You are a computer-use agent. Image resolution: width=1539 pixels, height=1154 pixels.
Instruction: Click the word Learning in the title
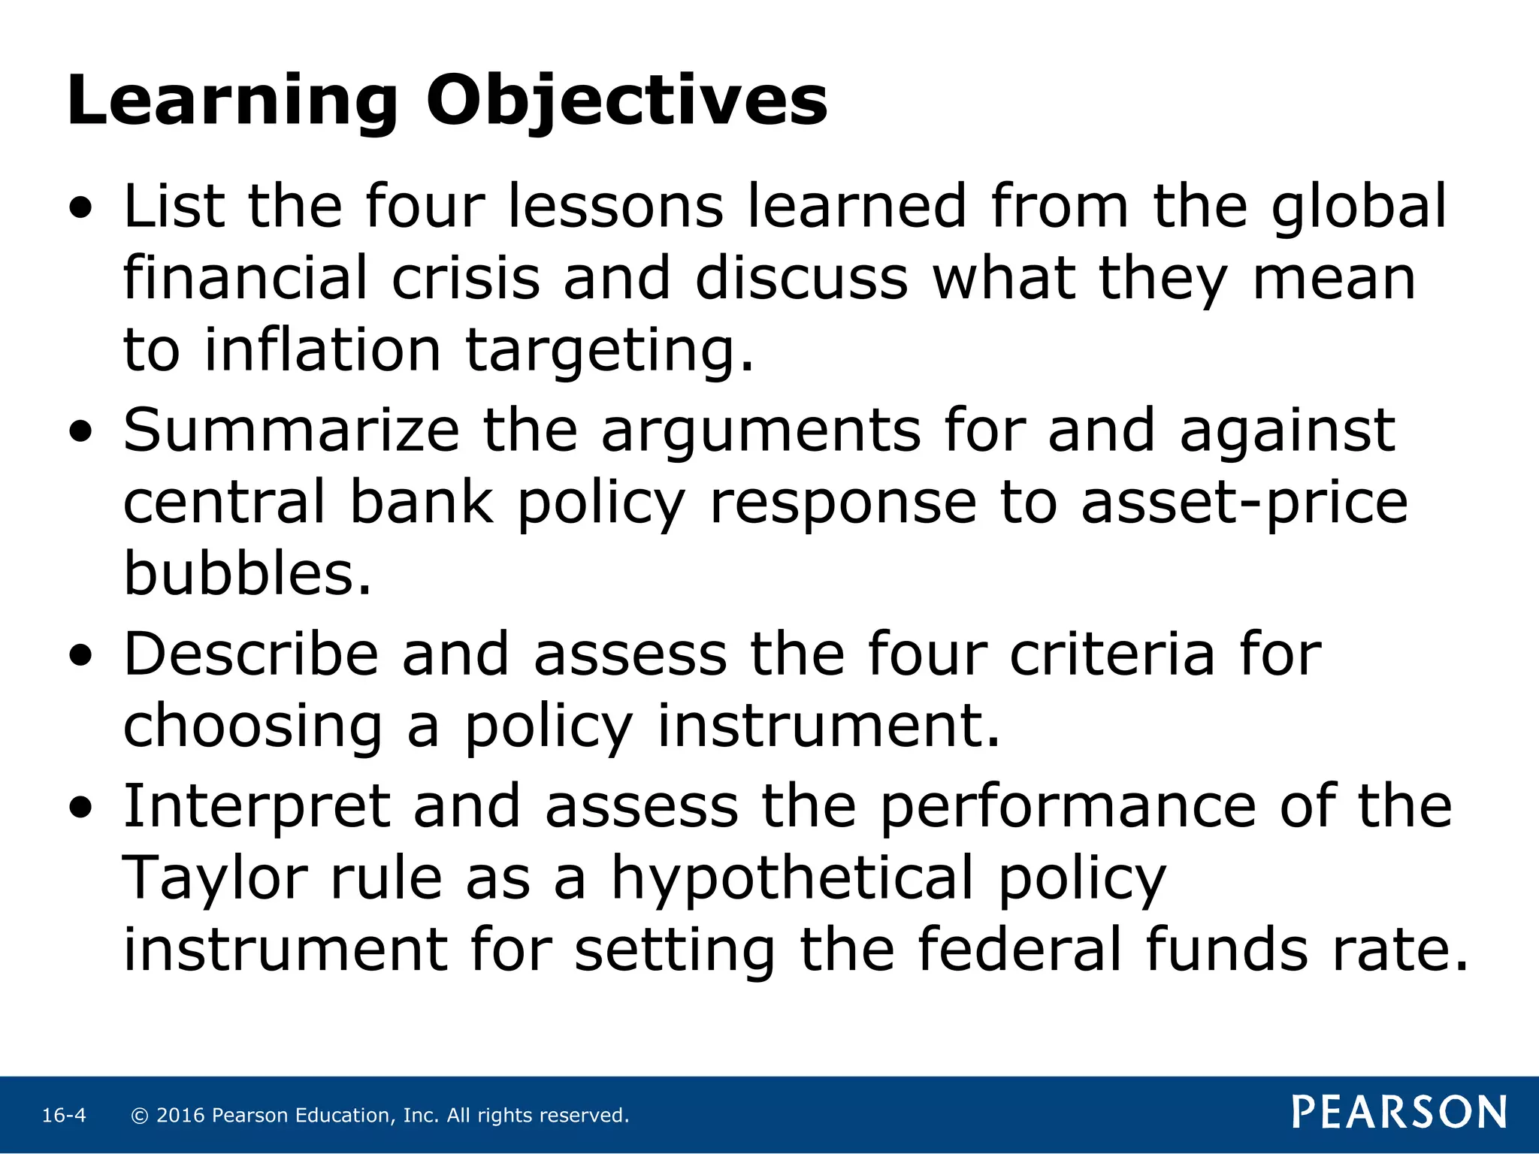click(x=231, y=101)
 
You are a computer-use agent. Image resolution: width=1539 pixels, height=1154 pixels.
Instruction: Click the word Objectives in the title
click(x=627, y=101)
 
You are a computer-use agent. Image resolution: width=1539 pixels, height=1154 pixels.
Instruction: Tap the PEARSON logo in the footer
click(x=1399, y=1113)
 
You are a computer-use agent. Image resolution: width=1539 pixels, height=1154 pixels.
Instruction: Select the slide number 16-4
click(x=64, y=1116)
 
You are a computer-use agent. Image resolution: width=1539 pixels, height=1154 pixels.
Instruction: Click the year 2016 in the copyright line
click(x=180, y=1116)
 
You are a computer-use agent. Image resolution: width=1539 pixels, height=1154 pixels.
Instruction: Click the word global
click(x=1359, y=207)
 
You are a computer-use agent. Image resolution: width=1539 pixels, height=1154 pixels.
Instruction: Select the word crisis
click(x=465, y=279)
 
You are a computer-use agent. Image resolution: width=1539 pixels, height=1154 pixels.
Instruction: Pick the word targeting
click(x=609, y=352)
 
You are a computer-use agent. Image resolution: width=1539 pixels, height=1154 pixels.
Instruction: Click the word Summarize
click(x=292, y=430)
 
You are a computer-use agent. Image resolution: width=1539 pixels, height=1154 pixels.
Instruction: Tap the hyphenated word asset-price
click(x=1244, y=503)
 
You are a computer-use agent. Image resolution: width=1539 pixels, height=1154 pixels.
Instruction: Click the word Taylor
click(x=215, y=879)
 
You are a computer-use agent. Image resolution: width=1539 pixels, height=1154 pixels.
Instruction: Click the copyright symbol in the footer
click(x=139, y=1116)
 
